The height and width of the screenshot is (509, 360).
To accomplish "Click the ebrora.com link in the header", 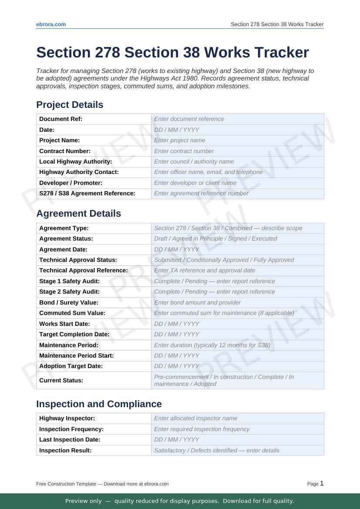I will click(51, 24).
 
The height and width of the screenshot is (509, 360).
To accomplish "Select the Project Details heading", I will click(70, 105).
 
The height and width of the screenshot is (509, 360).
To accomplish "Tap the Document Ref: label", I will click(61, 119).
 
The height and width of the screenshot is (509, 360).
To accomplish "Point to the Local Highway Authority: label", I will click(75, 162).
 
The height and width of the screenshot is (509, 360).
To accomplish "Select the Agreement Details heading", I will click(78, 214).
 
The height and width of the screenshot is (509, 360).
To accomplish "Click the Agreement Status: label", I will click(66, 239).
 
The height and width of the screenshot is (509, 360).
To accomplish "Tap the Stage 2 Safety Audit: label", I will click(69, 292).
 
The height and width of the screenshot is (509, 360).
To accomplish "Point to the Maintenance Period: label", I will click(69, 345).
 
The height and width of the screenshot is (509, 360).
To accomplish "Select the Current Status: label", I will click(61, 381).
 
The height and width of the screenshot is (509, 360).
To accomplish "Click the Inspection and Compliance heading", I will click(99, 404).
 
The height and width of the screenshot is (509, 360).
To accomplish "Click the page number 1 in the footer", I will click(322, 483).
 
